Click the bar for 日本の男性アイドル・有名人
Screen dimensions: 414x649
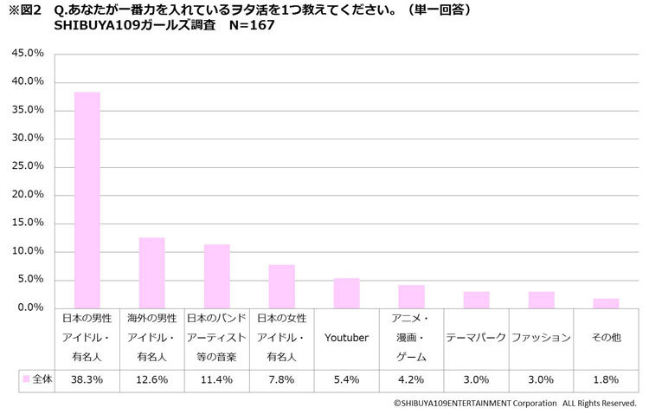pos(87,200)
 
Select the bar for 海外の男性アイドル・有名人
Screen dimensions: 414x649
pos(151,273)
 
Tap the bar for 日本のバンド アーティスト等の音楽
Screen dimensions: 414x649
pos(216,276)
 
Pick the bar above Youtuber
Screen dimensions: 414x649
pos(346,293)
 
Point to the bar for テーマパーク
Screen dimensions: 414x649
pos(476,300)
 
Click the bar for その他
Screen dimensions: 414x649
pos(606,303)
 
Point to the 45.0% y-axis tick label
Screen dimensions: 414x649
pos(27,54)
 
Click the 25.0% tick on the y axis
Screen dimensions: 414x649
pos(27,167)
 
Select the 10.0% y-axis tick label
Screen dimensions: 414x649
pos(27,252)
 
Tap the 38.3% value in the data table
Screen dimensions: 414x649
pos(87,379)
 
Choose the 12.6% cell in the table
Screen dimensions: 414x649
pos(151,379)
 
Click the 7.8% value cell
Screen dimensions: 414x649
pos(281,379)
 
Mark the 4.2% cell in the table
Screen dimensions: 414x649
pos(411,379)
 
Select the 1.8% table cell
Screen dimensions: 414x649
pos(606,379)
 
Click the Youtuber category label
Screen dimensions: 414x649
pos(346,338)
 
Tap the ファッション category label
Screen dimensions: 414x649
pos(541,338)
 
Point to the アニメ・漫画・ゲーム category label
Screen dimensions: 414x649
pos(411,338)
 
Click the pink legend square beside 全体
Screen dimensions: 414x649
pos(26,379)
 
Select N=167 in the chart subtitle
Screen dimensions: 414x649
pos(253,25)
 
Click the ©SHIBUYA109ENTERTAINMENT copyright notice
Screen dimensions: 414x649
pos(515,403)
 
